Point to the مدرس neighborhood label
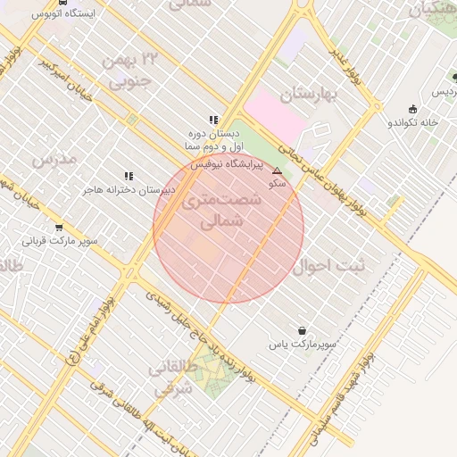(54, 159)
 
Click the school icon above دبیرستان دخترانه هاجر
(129, 176)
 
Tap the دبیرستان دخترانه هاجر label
(130, 190)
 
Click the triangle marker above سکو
(277, 170)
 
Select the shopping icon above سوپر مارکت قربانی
(59, 228)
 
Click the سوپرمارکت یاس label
(305, 344)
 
